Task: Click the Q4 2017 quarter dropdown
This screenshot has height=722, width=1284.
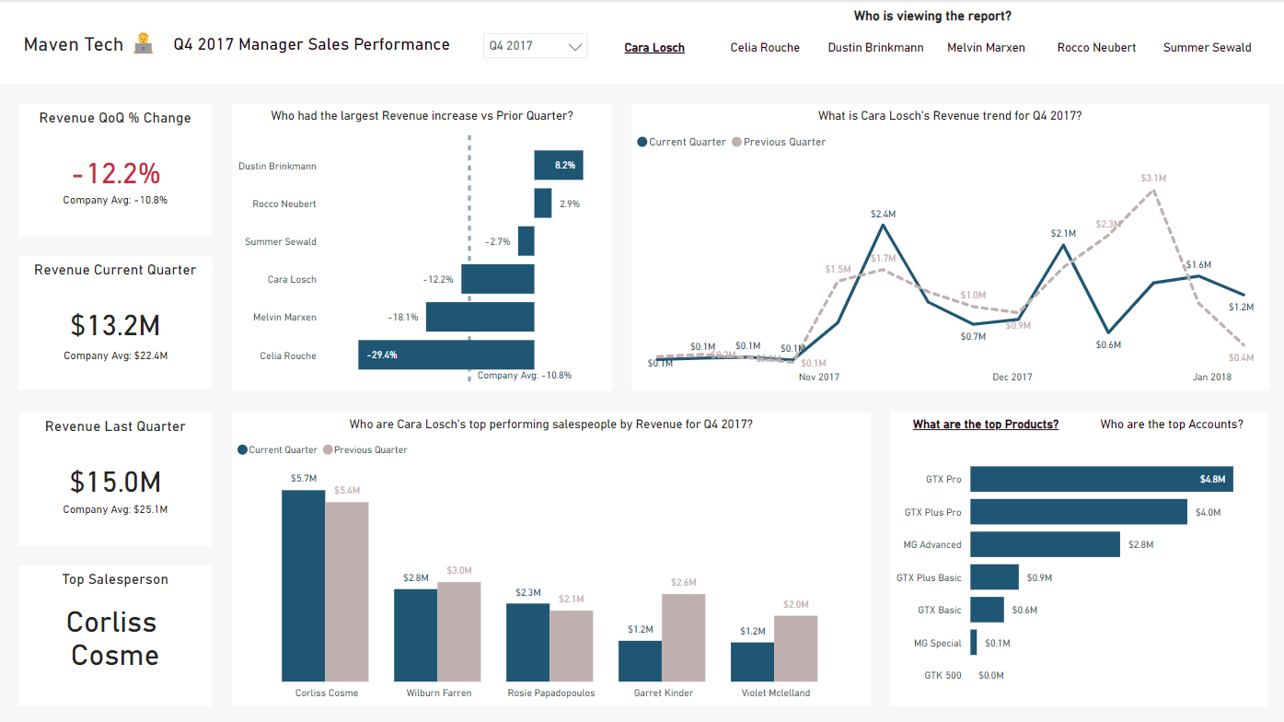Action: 535,46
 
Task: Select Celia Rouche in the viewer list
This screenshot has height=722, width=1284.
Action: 764,48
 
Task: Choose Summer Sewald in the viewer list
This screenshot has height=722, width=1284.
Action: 1207,48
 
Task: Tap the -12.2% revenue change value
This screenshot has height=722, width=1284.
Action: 116,173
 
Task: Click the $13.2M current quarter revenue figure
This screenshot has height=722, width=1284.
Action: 115,325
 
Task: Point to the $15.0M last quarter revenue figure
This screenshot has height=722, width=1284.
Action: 115,482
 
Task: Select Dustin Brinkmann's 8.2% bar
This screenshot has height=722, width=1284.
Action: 558,166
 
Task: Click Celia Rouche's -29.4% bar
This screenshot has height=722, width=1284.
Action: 445,355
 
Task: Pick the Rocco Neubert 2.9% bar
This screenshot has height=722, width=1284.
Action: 542,204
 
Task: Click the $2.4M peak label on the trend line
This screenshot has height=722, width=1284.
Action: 883,214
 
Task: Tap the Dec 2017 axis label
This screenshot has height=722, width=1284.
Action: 1012,377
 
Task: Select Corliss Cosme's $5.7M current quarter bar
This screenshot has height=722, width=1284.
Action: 303,585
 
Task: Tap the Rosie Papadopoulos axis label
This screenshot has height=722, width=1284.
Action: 550,693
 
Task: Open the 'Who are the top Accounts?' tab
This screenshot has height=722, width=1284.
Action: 1171,425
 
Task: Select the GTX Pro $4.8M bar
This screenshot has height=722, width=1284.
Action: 1101,479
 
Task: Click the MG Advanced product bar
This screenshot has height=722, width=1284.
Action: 1045,544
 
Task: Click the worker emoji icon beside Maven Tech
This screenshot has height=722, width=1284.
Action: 143,44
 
